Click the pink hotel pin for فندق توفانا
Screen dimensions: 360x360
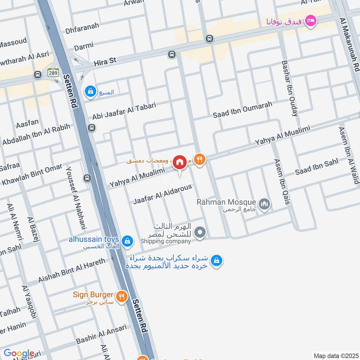pos(310,21)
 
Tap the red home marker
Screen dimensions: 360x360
pos(180,162)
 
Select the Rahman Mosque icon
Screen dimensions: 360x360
pos(265,204)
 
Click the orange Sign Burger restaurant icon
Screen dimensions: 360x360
pos(121,297)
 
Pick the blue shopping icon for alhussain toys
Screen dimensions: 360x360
pos(128,241)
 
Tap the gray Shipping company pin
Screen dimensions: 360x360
pos(201,233)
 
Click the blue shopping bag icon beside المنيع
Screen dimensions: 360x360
pos(91,91)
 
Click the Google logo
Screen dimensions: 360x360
pos(18,354)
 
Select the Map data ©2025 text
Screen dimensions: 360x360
pos(335,355)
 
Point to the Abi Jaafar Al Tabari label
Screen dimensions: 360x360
pos(124,111)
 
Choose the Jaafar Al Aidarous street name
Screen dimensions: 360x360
pos(163,194)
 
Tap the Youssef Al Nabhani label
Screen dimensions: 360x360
pos(75,198)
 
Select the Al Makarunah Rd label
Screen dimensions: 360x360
pos(351,45)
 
